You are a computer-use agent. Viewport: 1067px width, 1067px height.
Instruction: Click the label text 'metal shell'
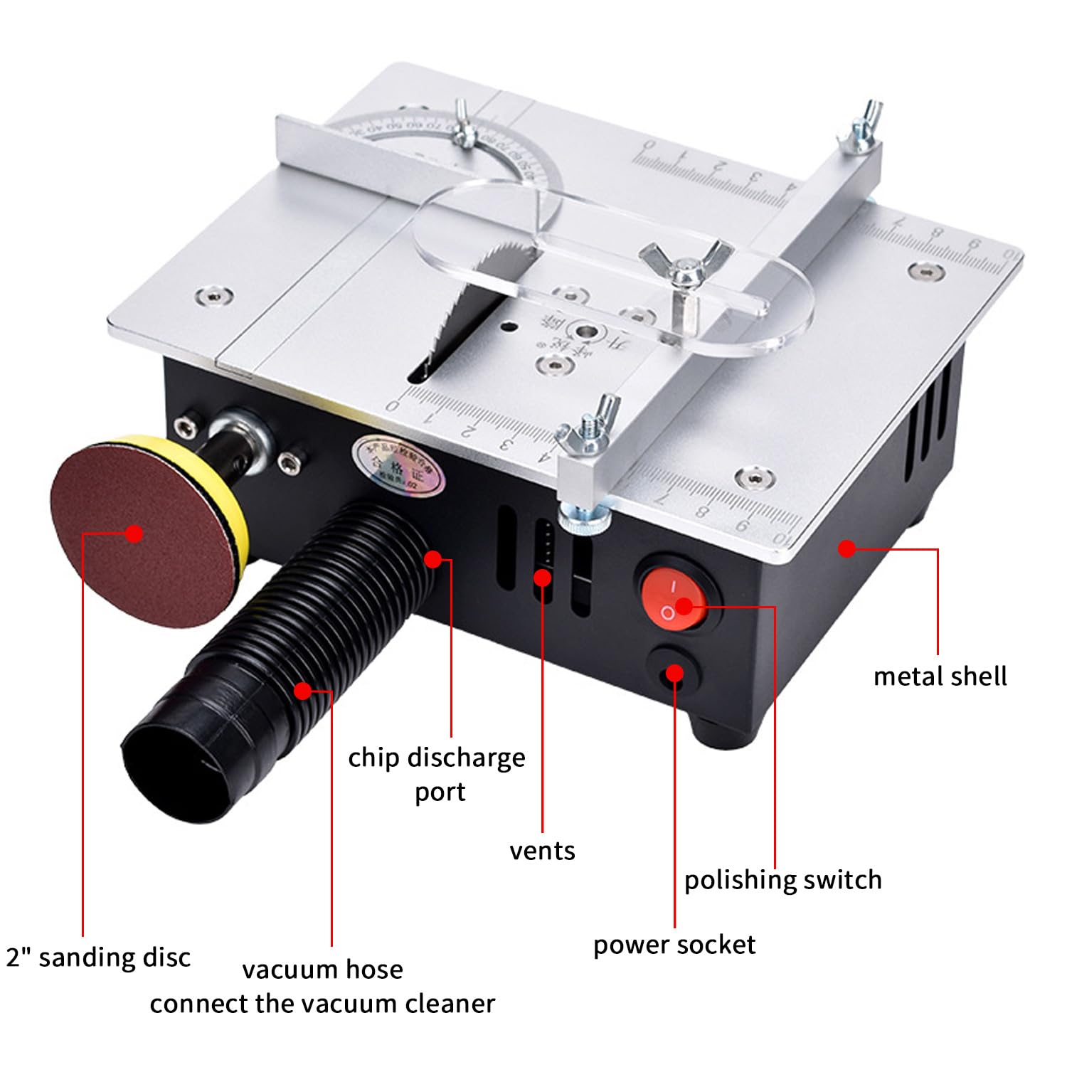tap(940, 676)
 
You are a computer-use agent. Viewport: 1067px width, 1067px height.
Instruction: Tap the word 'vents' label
tap(542, 851)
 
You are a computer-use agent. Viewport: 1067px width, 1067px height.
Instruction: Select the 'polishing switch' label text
tap(782, 880)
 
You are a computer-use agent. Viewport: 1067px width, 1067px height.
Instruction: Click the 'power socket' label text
tap(674, 945)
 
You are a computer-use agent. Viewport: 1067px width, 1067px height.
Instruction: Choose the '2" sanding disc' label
tap(98, 957)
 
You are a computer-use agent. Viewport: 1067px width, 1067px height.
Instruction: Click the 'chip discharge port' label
tap(437, 774)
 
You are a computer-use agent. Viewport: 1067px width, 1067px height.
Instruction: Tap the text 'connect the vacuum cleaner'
tap(322, 1004)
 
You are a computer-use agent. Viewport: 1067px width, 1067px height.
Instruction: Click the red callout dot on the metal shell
tap(846, 548)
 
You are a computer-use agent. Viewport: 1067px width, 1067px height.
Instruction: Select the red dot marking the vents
tap(542, 578)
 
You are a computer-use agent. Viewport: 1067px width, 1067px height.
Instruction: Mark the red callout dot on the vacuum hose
tap(303, 690)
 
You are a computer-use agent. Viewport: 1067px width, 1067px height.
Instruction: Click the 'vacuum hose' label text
tap(322, 970)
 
